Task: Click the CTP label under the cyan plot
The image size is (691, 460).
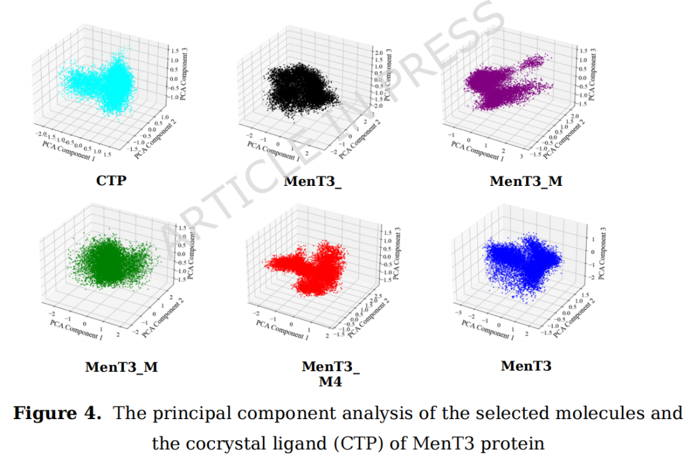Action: tap(111, 180)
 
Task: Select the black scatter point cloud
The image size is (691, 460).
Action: tap(301, 89)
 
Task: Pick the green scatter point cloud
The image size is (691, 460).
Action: tap(109, 262)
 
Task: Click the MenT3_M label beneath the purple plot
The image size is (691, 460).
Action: tap(526, 181)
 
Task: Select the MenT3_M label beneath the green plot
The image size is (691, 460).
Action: tap(122, 367)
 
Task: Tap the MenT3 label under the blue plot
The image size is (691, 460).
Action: tap(526, 366)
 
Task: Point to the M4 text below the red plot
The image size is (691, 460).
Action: tap(330, 382)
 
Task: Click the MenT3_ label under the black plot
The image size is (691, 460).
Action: tap(312, 181)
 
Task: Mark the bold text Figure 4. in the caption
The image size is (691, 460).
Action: tap(58, 413)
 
